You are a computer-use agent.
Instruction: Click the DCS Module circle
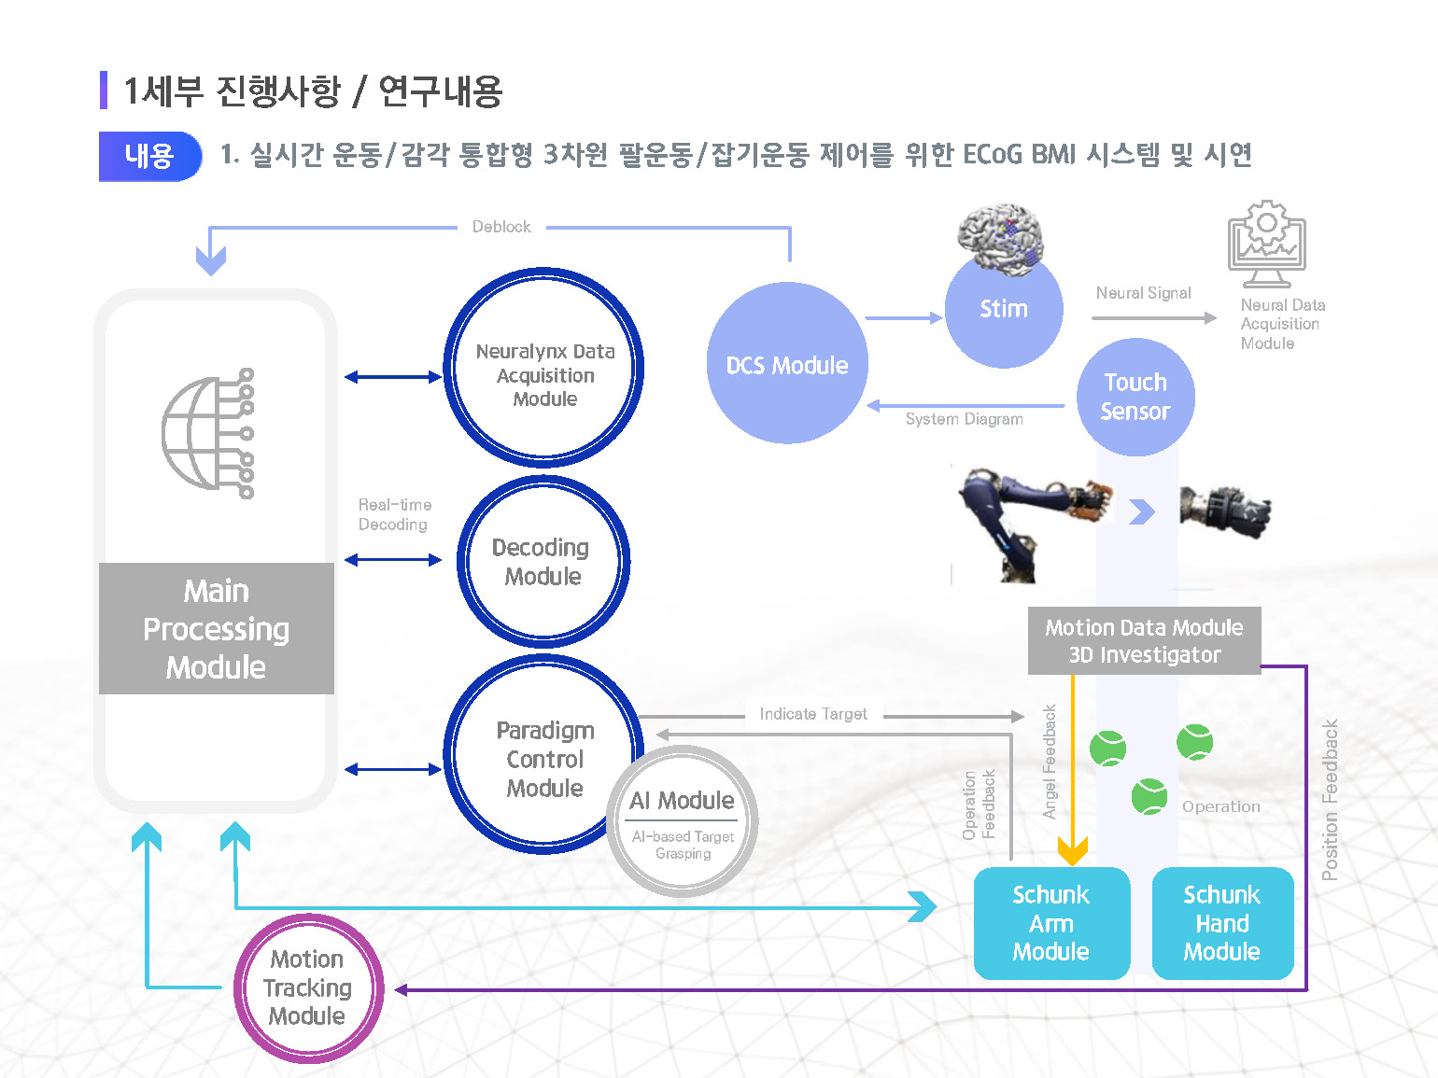[x=787, y=364]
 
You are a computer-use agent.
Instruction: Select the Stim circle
[x=1003, y=309]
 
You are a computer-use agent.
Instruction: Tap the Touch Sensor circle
[x=1135, y=397]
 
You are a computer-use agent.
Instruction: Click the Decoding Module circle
[x=543, y=561]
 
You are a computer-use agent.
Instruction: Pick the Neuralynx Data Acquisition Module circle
[x=544, y=369]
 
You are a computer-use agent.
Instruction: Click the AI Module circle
[x=683, y=821]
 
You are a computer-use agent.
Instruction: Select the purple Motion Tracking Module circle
[x=307, y=987]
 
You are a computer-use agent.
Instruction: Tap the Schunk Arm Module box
[x=1051, y=923]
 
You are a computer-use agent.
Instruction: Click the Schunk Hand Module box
[x=1221, y=923]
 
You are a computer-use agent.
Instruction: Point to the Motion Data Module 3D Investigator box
[x=1144, y=641]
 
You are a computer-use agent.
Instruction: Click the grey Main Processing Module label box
[x=216, y=628]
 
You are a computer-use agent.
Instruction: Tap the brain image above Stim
[x=1002, y=238]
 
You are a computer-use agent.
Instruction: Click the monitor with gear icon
[x=1266, y=243]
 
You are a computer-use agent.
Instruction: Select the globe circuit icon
[x=208, y=433]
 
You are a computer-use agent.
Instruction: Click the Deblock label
[x=501, y=227]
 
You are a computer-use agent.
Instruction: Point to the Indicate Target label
[x=813, y=714]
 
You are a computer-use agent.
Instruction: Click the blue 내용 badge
[x=149, y=156]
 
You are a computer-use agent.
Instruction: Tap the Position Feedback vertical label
[x=1330, y=799]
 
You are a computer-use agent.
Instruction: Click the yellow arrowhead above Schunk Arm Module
[x=1073, y=851]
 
